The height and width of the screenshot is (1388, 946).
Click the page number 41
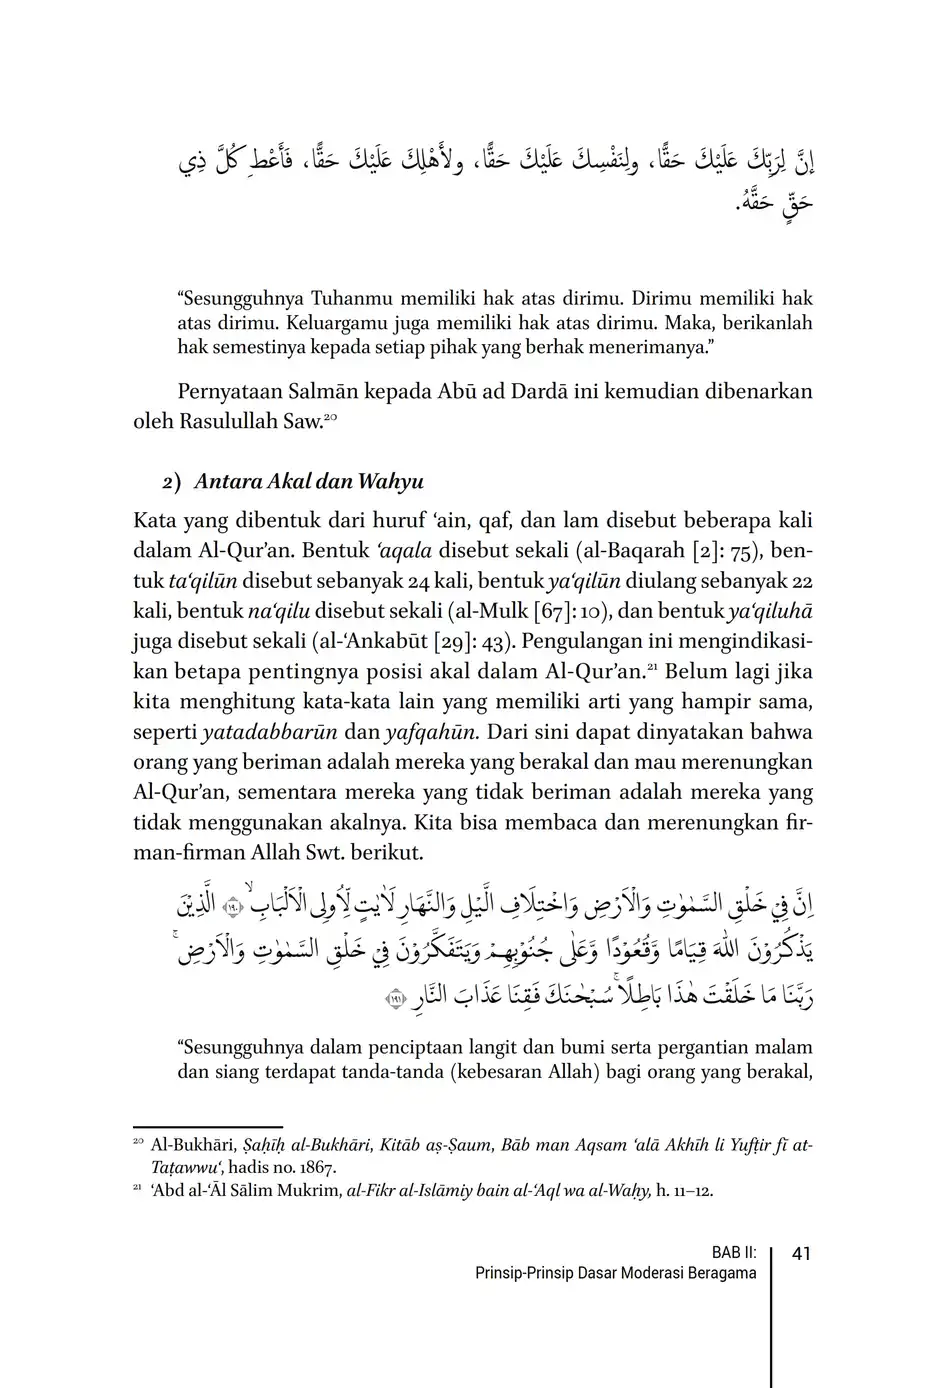pos(800,1253)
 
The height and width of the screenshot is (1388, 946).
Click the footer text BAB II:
pos(734,1253)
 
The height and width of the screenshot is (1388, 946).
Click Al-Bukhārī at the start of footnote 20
pos(189,1145)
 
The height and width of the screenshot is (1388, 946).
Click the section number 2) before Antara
pos(171,482)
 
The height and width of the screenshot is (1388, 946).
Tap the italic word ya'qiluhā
pos(771,611)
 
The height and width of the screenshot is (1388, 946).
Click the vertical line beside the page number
pos(771,1310)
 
